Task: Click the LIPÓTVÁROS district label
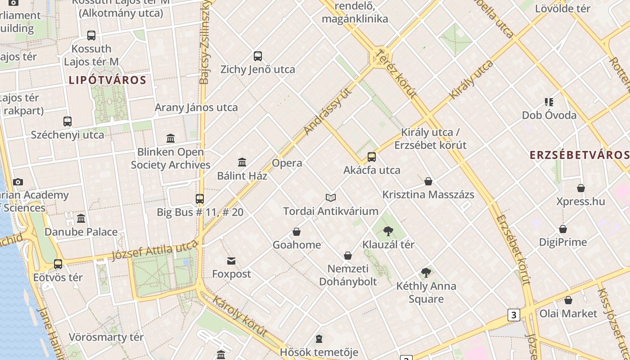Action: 108,81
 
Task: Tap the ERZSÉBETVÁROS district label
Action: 580,155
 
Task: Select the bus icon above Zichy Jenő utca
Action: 258,56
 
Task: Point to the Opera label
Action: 287,163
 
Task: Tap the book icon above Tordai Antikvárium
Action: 331,198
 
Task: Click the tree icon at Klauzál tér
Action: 388,232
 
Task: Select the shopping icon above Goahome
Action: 297,232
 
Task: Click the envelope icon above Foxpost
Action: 231,261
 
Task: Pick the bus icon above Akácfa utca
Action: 372,157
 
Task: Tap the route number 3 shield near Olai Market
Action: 514,315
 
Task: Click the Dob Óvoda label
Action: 549,115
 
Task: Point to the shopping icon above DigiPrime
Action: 563,229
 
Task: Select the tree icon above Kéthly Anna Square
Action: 426,273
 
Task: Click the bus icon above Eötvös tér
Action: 58,264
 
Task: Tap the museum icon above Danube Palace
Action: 81,219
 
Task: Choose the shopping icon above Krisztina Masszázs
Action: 428,181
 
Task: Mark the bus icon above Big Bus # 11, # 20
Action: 200,198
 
